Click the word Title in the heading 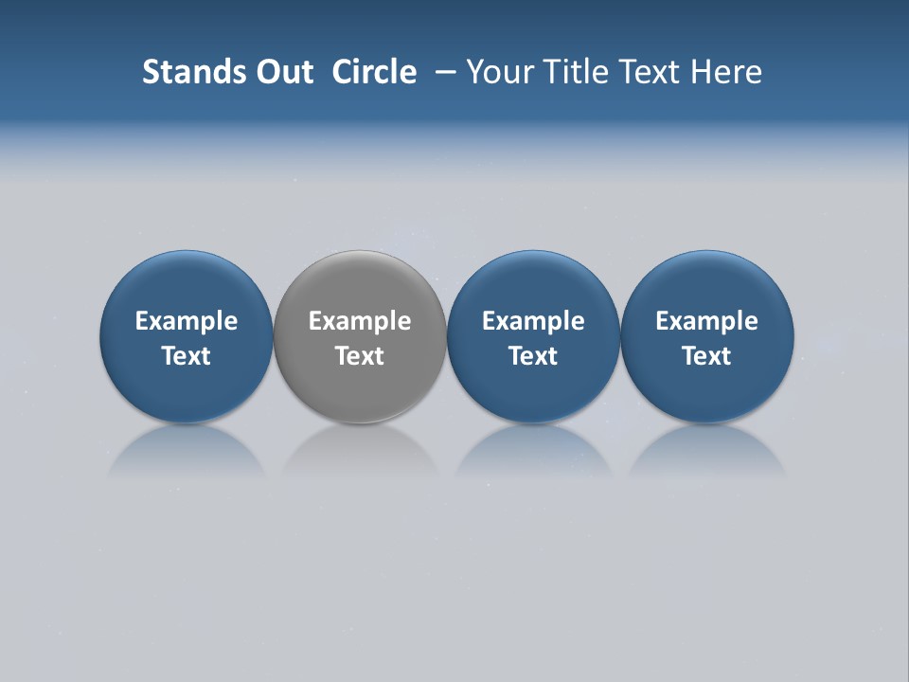(575, 72)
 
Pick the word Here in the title (726, 72)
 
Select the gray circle (360, 284)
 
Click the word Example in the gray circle (360, 322)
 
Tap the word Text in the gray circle (360, 356)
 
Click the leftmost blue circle (187, 284)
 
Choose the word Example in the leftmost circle (187, 322)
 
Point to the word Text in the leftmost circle (187, 356)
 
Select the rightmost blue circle (707, 284)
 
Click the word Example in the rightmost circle (707, 322)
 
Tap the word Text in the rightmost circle (707, 356)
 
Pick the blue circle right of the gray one (533, 284)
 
